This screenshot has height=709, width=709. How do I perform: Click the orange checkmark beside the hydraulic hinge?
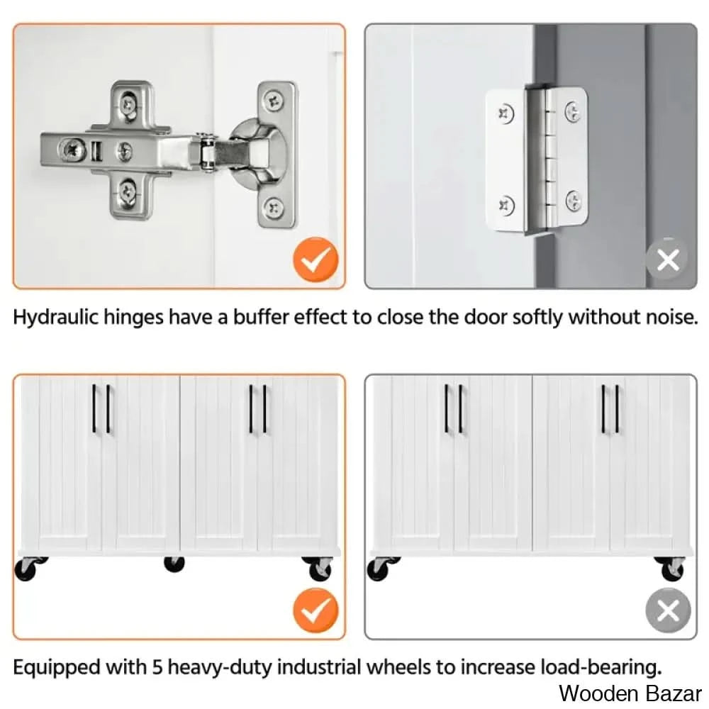(316, 259)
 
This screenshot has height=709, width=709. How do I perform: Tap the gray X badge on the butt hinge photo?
(668, 259)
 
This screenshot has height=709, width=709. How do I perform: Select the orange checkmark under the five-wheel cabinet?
(316, 610)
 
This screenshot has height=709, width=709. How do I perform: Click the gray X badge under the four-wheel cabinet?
(668, 610)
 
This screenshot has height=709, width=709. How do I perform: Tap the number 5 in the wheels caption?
(157, 667)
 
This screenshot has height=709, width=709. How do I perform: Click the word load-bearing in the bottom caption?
(601, 668)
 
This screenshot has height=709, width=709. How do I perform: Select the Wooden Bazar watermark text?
(630, 693)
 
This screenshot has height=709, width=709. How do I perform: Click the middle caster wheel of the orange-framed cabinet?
(174, 564)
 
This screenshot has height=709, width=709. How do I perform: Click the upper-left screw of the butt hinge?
(506, 113)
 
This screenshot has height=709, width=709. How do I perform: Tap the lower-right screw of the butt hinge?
(574, 201)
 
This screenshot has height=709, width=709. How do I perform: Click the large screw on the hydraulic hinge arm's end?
(70, 149)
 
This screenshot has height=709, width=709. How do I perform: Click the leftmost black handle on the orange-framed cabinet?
(94, 408)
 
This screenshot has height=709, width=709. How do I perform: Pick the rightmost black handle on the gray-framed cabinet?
(617, 409)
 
